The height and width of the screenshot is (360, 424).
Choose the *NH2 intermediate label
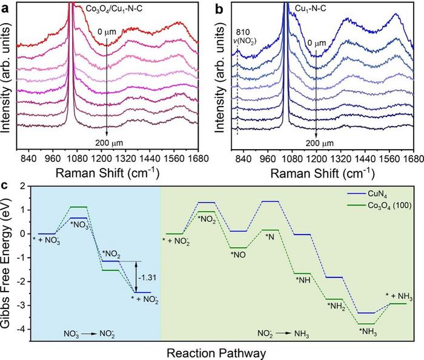(337, 306)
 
